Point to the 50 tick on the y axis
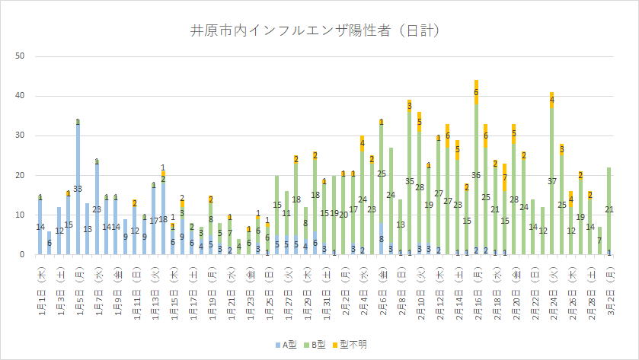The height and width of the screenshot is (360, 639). [21, 56]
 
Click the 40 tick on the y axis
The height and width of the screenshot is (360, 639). [21, 96]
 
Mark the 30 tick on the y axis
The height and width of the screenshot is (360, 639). [21, 135]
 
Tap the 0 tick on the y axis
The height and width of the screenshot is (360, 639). [23, 255]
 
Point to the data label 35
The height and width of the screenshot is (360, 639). [410, 182]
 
